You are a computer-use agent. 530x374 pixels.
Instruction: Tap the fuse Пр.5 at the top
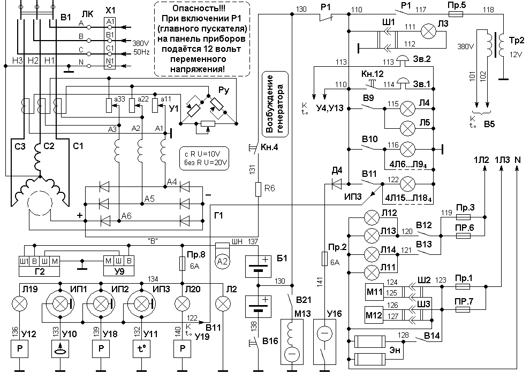point(455,14)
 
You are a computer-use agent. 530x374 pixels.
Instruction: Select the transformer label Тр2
point(516,41)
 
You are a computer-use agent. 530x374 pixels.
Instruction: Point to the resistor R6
point(258,189)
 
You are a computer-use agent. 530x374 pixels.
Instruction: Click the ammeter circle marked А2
point(222,262)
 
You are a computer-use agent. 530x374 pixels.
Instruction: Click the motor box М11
point(375,291)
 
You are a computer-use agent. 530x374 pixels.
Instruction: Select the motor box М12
point(374,315)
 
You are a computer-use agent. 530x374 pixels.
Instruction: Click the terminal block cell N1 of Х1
point(110,61)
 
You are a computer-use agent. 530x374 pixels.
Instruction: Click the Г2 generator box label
point(40,271)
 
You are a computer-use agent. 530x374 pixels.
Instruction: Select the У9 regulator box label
point(119,271)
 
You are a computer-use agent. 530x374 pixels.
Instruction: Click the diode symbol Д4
point(337,184)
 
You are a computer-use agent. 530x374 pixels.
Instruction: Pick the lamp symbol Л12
point(372,217)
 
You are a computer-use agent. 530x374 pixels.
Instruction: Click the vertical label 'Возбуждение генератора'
point(276,104)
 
